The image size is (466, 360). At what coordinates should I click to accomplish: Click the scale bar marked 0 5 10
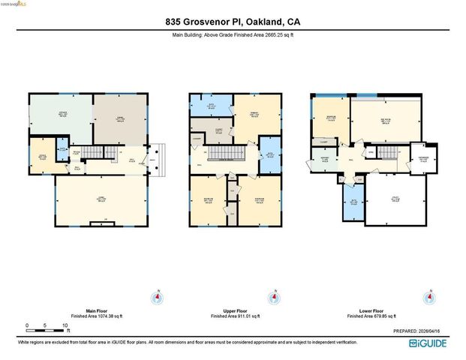47,326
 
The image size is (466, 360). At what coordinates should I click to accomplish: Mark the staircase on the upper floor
223,153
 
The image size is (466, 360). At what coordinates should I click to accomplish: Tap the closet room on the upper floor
219,130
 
